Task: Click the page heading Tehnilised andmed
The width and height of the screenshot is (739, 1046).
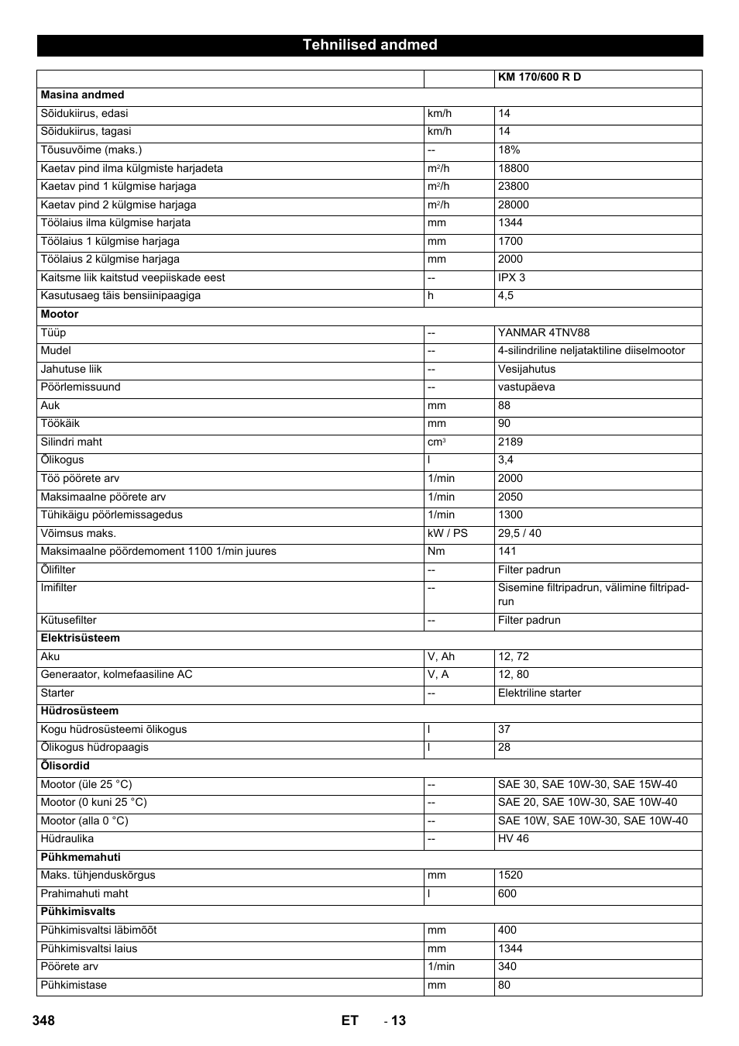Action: click(369, 45)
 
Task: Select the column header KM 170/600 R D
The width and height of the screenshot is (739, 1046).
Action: click(539, 77)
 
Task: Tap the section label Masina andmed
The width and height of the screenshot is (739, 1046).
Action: click(82, 95)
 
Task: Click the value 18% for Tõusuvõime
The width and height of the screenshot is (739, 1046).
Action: click(509, 150)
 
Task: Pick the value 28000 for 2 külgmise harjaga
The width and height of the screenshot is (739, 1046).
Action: click(514, 205)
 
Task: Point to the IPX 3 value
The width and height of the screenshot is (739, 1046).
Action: click(511, 278)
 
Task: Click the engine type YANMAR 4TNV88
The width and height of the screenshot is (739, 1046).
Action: click(544, 333)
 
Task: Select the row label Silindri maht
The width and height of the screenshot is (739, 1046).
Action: click(71, 442)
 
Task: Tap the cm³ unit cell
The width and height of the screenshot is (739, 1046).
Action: click(436, 442)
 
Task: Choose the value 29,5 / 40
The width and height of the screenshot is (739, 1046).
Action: click(520, 534)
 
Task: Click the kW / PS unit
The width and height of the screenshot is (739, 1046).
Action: click(448, 534)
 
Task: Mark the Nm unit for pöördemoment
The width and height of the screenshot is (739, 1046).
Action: click(435, 552)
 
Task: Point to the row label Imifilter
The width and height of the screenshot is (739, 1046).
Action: click(59, 588)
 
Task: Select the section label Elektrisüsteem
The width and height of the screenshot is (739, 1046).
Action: click(80, 638)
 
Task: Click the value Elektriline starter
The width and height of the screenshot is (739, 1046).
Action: click(539, 693)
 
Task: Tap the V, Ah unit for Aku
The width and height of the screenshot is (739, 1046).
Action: click(441, 657)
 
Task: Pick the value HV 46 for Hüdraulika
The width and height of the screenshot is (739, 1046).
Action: click(514, 839)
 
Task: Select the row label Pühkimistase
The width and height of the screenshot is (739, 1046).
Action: click(74, 986)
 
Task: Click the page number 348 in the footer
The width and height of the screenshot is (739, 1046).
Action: click(44, 1020)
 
